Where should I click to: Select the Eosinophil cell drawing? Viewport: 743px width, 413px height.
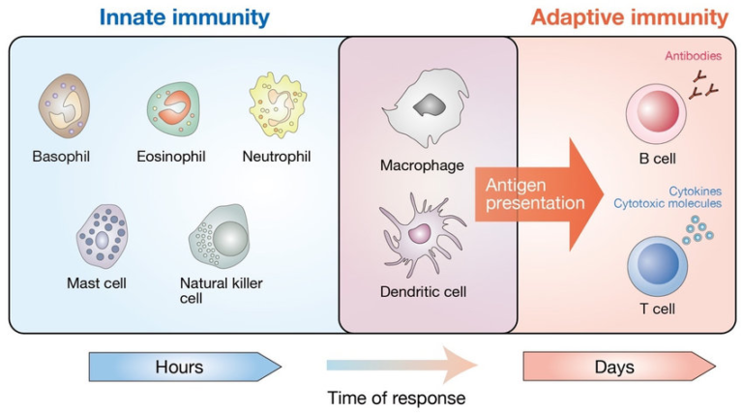tap(173, 108)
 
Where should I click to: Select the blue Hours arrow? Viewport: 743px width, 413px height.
tap(184, 367)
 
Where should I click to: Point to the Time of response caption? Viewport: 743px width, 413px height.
tap(396, 398)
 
